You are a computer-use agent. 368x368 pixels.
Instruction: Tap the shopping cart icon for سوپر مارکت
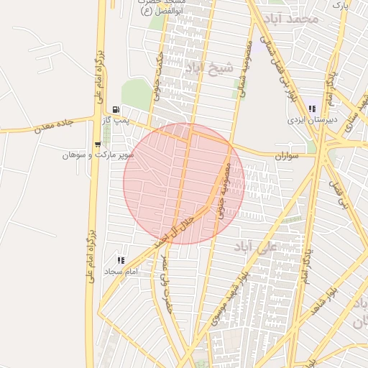click(x=97, y=144)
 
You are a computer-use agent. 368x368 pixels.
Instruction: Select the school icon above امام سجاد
click(x=120, y=259)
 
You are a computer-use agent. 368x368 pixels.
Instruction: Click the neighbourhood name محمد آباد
click(x=291, y=17)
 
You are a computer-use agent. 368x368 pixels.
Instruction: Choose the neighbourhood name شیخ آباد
click(x=209, y=68)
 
